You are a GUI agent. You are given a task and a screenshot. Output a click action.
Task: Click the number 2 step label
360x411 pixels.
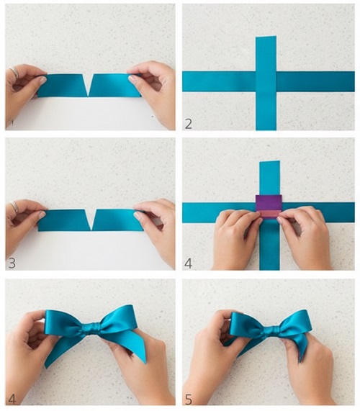(x=188, y=124)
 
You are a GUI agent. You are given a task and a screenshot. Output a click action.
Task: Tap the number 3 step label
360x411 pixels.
(x=12, y=263)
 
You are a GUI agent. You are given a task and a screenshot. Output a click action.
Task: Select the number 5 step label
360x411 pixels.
(x=189, y=399)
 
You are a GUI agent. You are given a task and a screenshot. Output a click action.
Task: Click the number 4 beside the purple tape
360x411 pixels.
(x=188, y=263)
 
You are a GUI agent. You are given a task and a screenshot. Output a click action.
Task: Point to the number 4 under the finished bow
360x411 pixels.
(x=12, y=399)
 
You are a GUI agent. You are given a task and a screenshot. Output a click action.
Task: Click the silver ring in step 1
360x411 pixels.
(x=14, y=71)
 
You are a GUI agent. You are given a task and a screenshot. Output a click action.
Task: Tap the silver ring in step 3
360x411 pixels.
(x=14, y=207)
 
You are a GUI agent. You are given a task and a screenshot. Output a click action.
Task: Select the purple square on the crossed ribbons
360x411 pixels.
(x=269, y=202)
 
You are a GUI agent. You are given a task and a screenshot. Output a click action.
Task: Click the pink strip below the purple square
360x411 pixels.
(x=269, y=214)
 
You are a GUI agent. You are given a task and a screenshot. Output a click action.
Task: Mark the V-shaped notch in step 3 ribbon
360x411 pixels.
(x=91, y=220)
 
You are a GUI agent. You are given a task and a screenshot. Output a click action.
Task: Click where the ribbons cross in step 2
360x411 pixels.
(x=266, y=81)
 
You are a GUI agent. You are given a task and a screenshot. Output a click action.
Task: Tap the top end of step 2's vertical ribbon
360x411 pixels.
(x=266, y=37)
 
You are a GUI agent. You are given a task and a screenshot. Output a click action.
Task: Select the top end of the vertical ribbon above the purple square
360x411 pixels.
(x=269, y=162)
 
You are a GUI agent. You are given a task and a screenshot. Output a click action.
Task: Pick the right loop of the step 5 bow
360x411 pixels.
(x=296, y=322)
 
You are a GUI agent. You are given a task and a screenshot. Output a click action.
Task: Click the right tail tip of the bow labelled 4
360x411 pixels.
(x=144, y=362)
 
